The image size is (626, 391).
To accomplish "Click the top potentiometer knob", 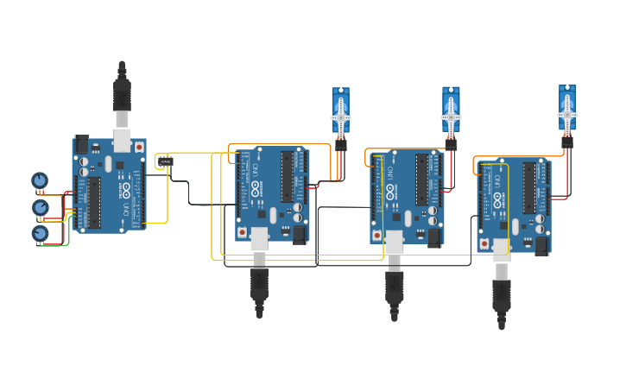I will click(x=39, y=180).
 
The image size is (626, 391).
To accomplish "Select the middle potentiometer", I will click(x=40, y=207).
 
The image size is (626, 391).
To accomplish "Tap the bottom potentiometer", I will click(x=40, y=233).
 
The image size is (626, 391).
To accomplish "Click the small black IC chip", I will click(x=166, y=161).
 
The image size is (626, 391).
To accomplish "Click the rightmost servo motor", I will click(x=567, y=109).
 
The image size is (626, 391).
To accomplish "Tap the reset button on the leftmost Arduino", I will click(x=138, y=148).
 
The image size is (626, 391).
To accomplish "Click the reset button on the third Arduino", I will click(x=376, y=235).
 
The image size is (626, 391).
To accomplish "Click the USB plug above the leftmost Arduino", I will click(x=122, y=95).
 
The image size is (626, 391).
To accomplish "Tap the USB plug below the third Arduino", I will click(x=395, y=286).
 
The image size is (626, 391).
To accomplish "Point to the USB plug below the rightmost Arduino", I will click(x=502, y=293).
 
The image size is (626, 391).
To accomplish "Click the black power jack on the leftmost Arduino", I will click(x=82, y=144).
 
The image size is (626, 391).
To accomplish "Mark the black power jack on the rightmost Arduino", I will click(x=541, y=246).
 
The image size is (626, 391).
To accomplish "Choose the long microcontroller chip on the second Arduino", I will click(x=286, y=177).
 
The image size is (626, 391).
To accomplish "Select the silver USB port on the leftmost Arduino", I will click(x=122, y=141).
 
